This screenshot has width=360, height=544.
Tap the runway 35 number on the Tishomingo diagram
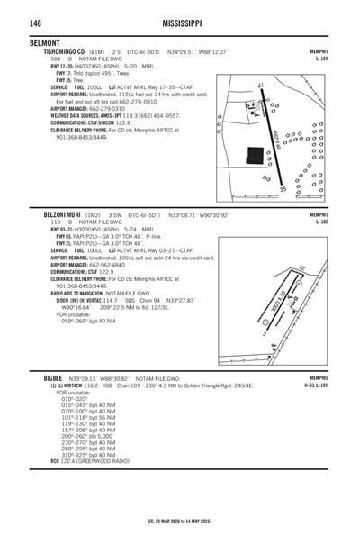[283, 190]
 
